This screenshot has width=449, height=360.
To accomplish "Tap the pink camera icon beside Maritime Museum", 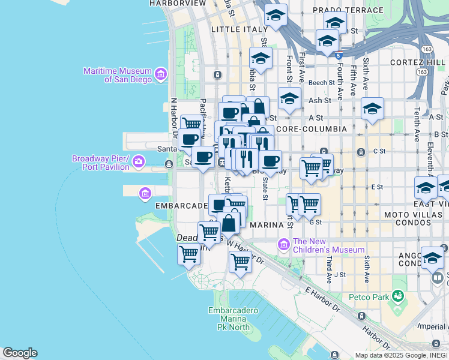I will pos(160,74).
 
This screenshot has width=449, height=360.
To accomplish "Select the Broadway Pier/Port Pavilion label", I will pos(101,163).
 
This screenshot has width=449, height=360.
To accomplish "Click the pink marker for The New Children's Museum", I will pos(284,244).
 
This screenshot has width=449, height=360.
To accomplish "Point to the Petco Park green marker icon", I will pos(397,296).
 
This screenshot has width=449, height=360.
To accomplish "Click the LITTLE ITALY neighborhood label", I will pos(239,29).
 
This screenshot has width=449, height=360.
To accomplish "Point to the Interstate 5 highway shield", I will pos(339,55).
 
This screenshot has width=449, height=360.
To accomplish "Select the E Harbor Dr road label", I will pos(322,298).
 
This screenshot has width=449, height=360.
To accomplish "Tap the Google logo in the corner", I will pos(20,353).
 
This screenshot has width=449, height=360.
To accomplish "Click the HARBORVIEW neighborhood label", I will pos(177,3).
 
